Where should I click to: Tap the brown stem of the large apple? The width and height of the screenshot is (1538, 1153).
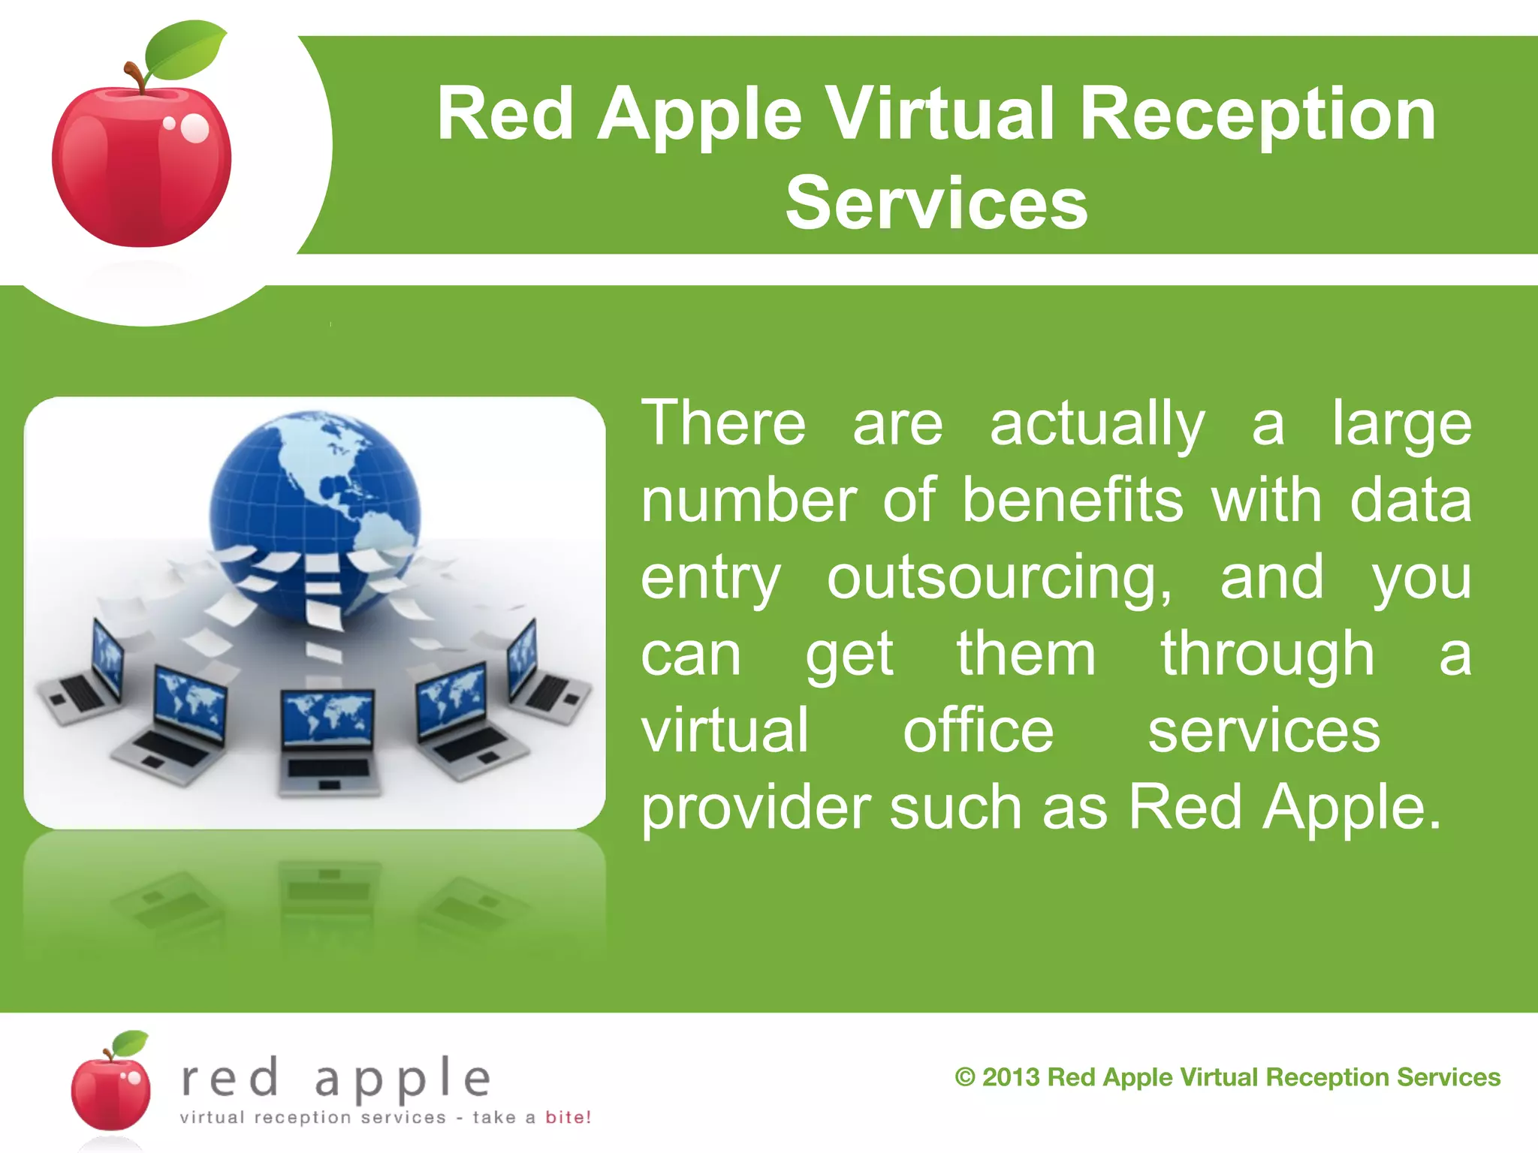point(136,77)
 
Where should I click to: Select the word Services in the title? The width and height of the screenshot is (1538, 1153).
point(936,203)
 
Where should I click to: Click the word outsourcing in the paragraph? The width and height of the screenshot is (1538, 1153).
point(1000,578)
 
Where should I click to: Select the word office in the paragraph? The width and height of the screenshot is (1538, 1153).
point(978,731)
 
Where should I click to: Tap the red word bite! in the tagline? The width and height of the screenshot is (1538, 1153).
point(568,1117)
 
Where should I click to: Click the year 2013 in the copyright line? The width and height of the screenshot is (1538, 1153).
point(1010,1077)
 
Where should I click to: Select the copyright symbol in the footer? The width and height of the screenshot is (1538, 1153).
point(964,1078)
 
